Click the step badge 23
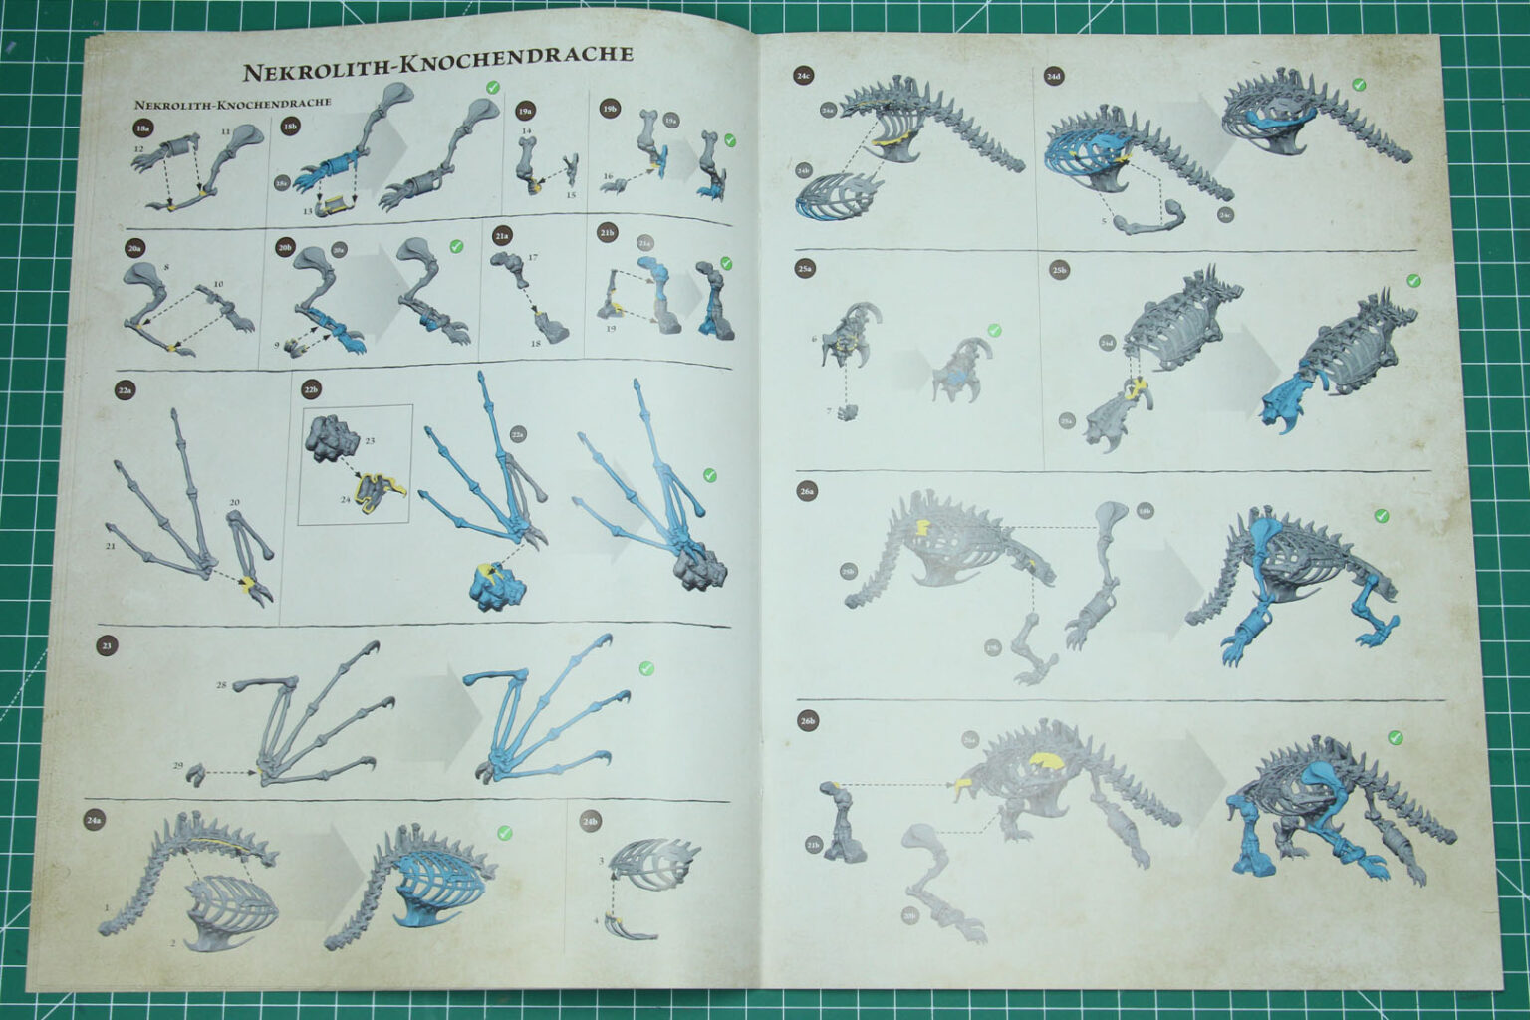pos(108,644)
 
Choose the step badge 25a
pos(806,268)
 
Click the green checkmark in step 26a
pos(1381,515)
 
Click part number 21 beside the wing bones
pos(113,547)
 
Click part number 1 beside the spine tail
pos(106,908)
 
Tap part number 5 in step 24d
pos(1104,220)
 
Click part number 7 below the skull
pos(830,411)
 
